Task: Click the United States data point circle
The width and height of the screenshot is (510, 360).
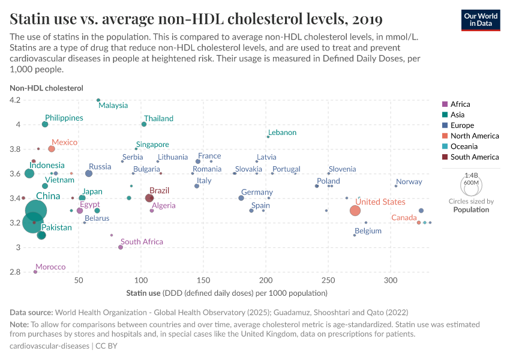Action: pos(355,211)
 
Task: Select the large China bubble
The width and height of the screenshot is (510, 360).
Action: pos(36,211)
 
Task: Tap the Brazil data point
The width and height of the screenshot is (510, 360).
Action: pos(149,198)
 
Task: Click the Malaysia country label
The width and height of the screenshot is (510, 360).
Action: pos(113,106)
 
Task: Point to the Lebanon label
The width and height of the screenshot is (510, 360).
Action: pos(282,133)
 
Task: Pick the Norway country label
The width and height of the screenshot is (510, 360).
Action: pos(409,182)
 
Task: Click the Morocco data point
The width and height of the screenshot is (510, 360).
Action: pos(35,272)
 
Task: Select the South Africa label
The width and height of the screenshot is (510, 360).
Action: pos(142,242)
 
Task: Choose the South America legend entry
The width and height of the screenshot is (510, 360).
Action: pos(474,157)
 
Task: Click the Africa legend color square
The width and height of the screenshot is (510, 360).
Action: pos(445,104)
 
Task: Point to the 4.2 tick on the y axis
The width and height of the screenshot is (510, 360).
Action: pos(14,100)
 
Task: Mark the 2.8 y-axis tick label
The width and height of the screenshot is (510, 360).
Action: pos(14,272)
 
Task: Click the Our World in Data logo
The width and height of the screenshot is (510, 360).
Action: pos(481,19)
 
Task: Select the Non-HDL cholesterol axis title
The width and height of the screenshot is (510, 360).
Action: pos(46,88)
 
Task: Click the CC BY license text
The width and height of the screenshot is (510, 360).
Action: pos(107,346)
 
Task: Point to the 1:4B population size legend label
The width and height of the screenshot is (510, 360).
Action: pos(471,175)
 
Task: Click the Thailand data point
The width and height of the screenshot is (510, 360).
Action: pos(144,124)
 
